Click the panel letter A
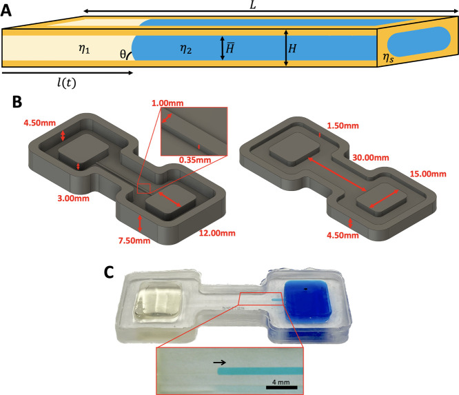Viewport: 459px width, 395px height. coord(6,11)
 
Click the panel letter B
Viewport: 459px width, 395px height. coord(17,102)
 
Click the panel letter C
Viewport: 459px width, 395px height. coord(109,272)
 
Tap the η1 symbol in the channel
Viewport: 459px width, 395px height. coord(84,48)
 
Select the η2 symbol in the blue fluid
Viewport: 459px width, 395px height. coord(185,48)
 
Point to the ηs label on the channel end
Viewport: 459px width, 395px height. coord(388,58)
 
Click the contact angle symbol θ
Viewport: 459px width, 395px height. coord(123,54)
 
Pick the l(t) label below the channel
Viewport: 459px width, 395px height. coord(66,83)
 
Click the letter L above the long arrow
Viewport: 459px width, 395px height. coord(253,5)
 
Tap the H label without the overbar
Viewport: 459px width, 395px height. coord(292,48)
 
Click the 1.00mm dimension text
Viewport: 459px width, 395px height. coord(167,103)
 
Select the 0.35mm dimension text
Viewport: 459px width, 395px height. coord(194,160)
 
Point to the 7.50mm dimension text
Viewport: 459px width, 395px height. coord(134,241)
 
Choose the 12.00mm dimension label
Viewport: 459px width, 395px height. coord(217,234)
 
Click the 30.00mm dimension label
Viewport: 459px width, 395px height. coord(371,158)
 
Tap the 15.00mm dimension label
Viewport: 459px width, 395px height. coord(428,174)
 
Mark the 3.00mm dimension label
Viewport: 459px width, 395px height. coord(73,199)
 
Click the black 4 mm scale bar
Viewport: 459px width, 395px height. coord(282,387)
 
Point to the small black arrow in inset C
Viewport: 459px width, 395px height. coord(220,363)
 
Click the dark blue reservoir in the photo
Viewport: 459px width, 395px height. coord(307,300)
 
